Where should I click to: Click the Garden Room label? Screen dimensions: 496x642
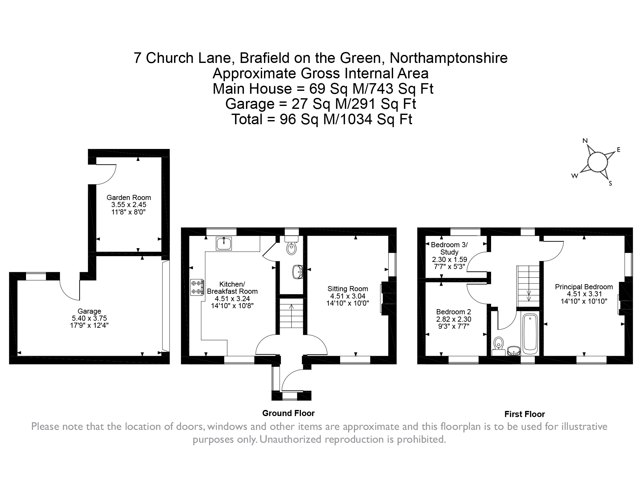click(x=128, y=197)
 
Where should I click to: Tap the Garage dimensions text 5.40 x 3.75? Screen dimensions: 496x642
click(x=89, y=318)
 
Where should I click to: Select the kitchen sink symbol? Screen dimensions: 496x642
click(x=224, y=244)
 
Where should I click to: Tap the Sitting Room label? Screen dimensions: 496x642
click(x=347, y=289)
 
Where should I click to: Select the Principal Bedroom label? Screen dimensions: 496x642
click(x=584, y=287)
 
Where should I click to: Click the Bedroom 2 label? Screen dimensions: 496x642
click(x=453, y=312)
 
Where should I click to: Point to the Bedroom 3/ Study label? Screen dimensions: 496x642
click(x=449, y=248)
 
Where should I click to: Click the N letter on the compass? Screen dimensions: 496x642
click(x=585, y=141)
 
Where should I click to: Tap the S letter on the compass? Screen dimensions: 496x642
click(x=610, y=184)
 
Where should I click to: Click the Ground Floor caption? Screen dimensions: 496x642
click(x=288, y=413)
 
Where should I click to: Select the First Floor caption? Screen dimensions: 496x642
click(x=524, y=414)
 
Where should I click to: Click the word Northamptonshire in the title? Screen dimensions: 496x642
click(x=448, y=58)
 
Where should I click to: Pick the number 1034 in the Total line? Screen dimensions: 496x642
click(x=356, y=120)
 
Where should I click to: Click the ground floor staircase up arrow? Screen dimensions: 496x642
click(x=291, y=307)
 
